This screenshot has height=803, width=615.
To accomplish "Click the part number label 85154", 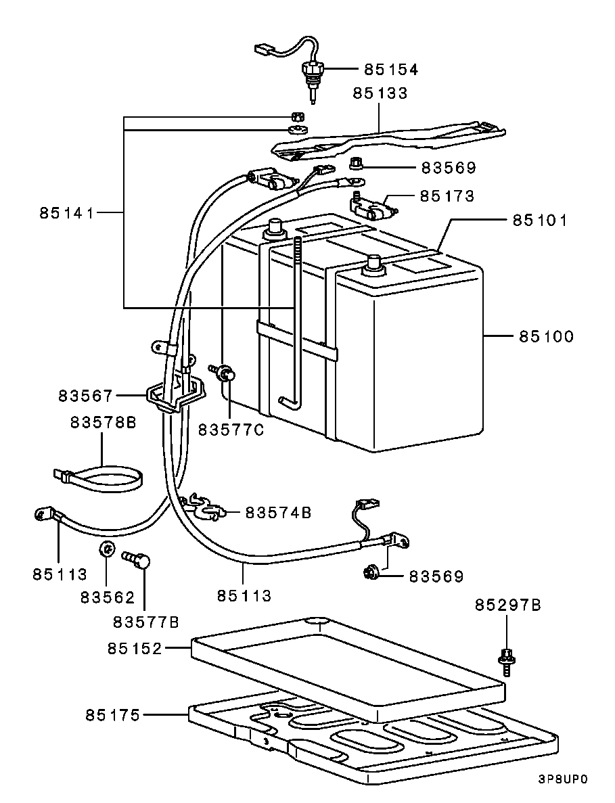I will coord(391,70).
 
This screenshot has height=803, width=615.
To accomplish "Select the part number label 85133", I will coord(380,93).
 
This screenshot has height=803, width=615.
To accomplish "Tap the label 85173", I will coord(447,196).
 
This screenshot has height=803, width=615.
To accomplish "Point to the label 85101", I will coord(539,221).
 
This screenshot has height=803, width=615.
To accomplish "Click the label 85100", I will coord(546,336).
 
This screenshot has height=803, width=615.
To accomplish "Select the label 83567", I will coord(85,395).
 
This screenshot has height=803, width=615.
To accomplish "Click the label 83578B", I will coord(103,423).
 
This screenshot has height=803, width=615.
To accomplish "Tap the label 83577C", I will coord(231,430).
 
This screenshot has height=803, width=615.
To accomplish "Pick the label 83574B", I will coord(278,513).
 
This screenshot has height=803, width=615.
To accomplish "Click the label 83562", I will coord(108,597).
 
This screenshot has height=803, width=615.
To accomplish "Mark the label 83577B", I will coord(145,621).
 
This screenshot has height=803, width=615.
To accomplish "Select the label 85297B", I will coord(507,605).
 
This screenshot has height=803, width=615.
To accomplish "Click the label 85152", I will coord(134,649).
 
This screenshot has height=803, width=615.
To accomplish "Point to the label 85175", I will coord(112,714).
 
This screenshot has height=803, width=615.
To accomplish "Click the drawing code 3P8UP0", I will coord(563,779).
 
